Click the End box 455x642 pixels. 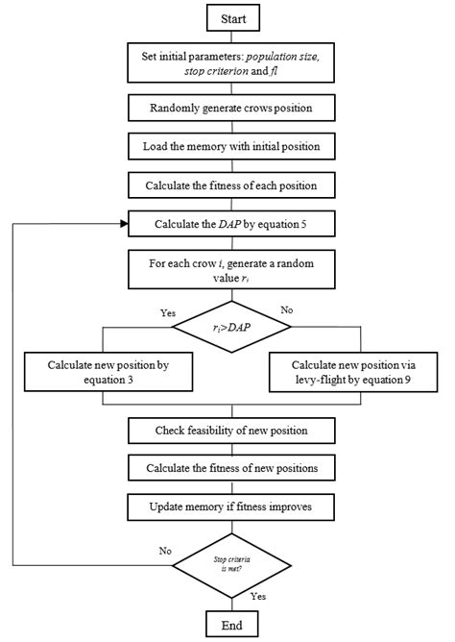click(x=231, y=624)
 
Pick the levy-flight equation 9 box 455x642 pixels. click(x=354, y=373)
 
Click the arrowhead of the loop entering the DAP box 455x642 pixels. click(x=124, y=224)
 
